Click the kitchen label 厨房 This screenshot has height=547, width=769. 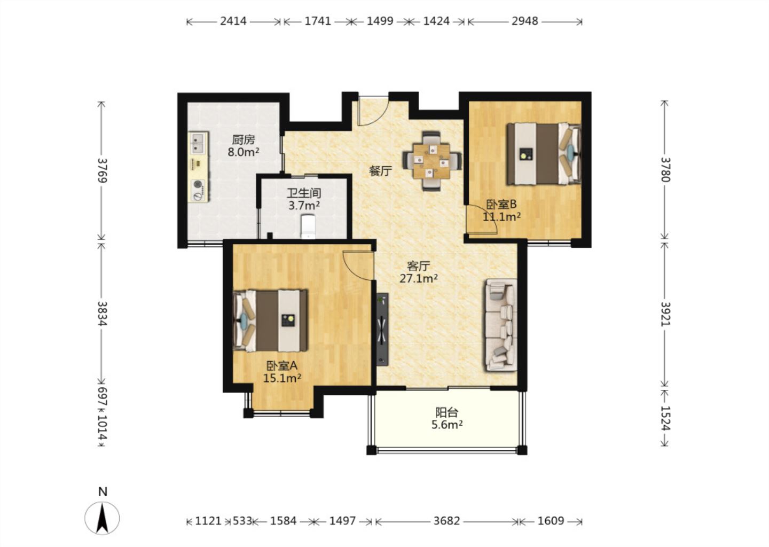(243, 140)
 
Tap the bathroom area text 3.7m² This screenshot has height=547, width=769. (304, 205)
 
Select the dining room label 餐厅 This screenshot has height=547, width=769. (380, 170)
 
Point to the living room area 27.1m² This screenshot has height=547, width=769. (419, 278)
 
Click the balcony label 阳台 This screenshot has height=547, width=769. (446, 412)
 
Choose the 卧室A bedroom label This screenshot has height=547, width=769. (282, 366)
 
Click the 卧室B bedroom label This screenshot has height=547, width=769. (501, 204)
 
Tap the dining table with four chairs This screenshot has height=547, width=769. (431, 161)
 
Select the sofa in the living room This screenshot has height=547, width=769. (501, 325)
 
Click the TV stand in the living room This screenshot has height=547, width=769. (382, 329)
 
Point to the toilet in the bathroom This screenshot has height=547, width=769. (308, 226)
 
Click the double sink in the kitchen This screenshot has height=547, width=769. (199, 143)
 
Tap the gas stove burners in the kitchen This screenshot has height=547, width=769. (198, 190)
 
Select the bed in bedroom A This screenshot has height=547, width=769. (270, 321)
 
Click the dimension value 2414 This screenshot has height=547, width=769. (233, 21)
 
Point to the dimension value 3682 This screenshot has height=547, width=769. (446, 521)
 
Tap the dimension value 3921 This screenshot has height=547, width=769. (665, 314)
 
